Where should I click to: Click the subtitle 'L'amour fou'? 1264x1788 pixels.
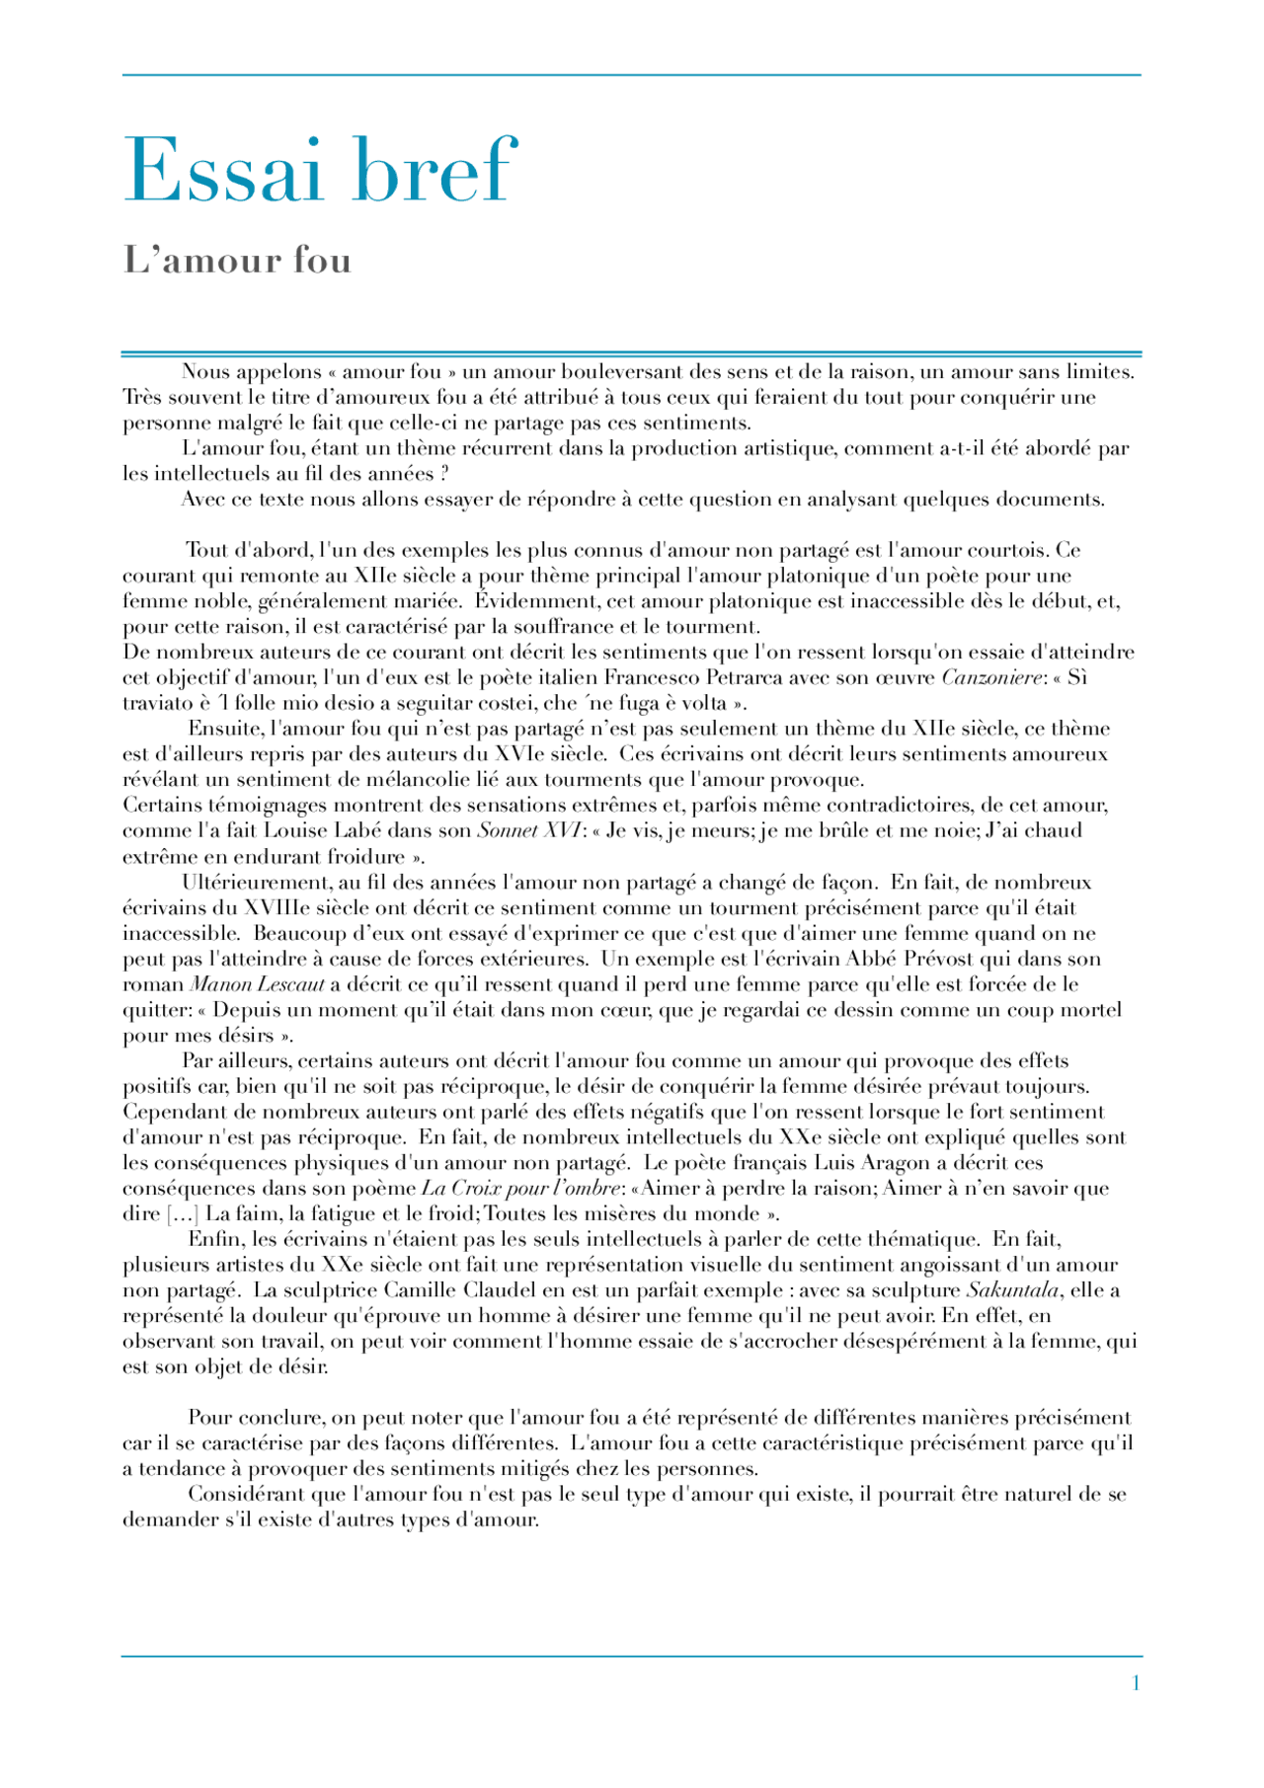click(237, 260)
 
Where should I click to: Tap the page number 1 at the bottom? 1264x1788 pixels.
click(1136, 1682)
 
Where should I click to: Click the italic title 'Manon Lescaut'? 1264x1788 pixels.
click(257, 984)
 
